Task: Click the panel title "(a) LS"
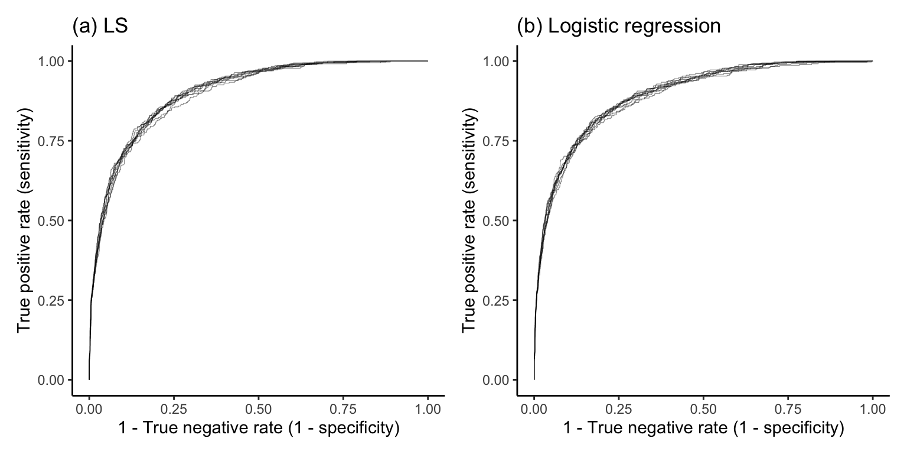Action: [100, 27]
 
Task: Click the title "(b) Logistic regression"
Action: [619, 27]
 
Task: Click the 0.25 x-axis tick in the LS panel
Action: [174, 408]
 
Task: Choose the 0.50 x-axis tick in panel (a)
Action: [258, 408]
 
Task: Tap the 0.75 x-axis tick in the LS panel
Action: [343, 408]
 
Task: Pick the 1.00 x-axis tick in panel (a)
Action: [428, 408]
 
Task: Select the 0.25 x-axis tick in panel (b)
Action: [619, 408]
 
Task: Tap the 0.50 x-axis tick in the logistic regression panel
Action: [703, 408]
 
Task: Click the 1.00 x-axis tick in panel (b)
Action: [872, 408]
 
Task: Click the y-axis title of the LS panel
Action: [24, 220]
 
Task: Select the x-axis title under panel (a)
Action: [258, 429]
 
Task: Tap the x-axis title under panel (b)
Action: [703, 429]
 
